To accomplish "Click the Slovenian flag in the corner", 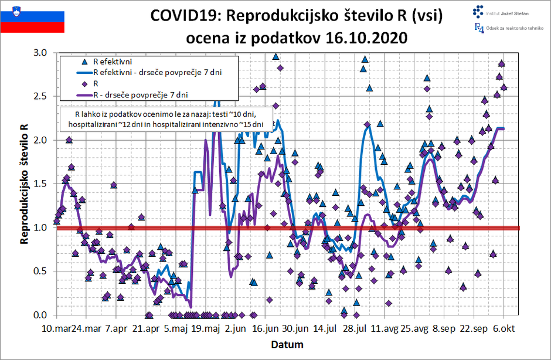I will tap(32, 18).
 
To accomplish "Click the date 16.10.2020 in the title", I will tap(356, 38).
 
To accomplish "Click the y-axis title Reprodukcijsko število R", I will tap(25, 184).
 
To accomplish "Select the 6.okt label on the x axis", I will tap(504, 329).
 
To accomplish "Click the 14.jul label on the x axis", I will tap(324, 329).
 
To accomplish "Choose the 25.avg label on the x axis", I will tap(414, 329).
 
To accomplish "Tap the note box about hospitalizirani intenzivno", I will tap(165, 119).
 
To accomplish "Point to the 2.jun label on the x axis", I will tap(236, 329).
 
